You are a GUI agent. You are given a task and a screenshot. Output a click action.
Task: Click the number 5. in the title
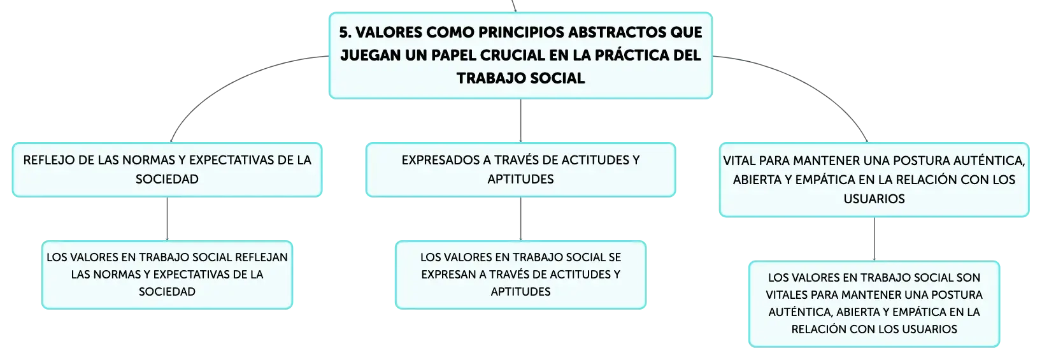[345, 32]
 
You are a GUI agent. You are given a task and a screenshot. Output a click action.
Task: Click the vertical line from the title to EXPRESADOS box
[520, 120]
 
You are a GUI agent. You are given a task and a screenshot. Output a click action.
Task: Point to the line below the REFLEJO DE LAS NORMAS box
[167, 219]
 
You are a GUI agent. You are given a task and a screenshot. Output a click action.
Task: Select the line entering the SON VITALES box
[874, 239]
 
